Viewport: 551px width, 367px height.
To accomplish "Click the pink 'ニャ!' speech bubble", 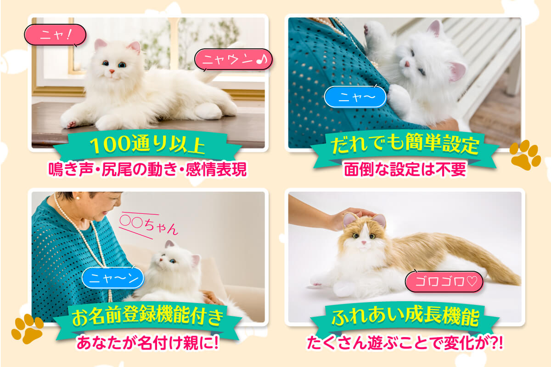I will pos(55,34).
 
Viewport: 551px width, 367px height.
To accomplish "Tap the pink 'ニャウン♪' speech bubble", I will pos(233,59).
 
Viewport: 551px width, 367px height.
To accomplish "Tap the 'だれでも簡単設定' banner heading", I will pos(405,146).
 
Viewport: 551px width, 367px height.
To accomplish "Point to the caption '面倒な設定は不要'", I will pos(405,169).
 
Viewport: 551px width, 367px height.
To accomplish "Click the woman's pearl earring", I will pos(77,198).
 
